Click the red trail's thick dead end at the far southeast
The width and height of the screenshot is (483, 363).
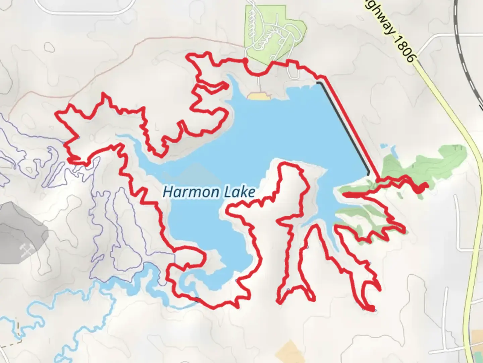tap(370, 308)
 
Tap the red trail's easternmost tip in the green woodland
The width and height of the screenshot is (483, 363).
tap(426, 185)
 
